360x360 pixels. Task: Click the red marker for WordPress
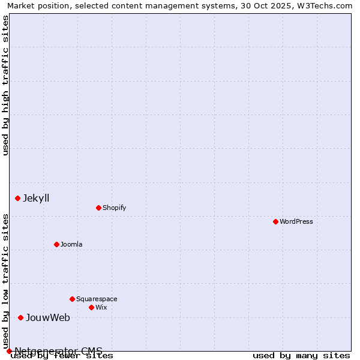pyautogui.click(x=275, y=221)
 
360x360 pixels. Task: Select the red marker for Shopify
pyautogui.click(x=98, y=208)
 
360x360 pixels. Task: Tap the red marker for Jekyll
pyautogui.click(x=17, y=198)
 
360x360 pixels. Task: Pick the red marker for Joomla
pyautogui.click(x=56, y=244)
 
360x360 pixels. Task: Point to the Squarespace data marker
pyautogui.click(x=72, y=299)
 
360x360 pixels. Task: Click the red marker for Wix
pyautogui.click(x=91, y=307)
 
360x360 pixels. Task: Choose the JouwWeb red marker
pyautogui.click(x=20, y=317)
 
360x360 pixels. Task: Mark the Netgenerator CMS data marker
pyautogui.click(x=9, y=351)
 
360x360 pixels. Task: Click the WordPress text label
pyautogui.click(x=296, y=221)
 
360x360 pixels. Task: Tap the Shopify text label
pyautogui.click(x=114, y=208)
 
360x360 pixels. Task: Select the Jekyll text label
pyautogui.click(x=36, y=198)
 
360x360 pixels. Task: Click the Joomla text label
pyautogui.click(x=71, y=244)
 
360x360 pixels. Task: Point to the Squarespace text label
pyautogui.click(x=97, y=299)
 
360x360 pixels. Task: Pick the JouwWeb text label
pyautogui.click(x=47, y=317)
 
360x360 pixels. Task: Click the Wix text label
pyautogui.click(x=101, y=307)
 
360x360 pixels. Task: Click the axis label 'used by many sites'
pyautogui.click(x=301, y=356)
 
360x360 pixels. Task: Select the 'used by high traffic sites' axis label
pyautogui.click(x=5, y=85)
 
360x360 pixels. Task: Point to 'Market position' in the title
pyautogui.click(x=36, y=5)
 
